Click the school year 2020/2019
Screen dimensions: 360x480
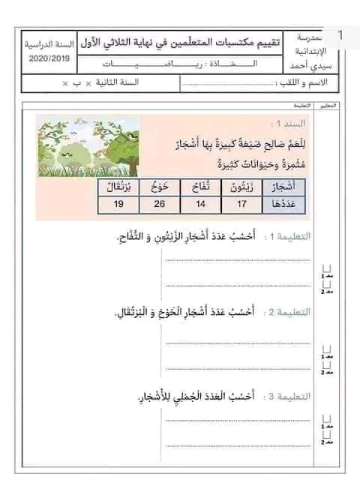coord(46,58)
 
